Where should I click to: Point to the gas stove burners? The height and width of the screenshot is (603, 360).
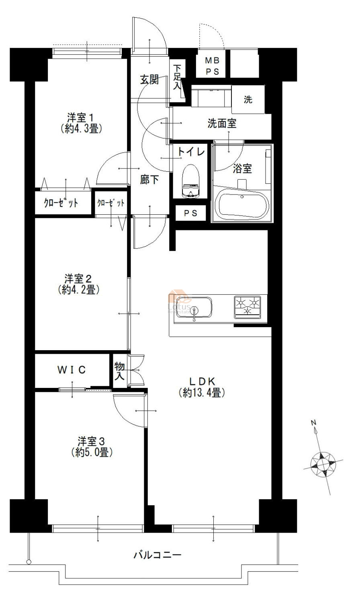pos(247,307)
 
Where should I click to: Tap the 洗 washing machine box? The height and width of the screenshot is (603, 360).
pos(248,99)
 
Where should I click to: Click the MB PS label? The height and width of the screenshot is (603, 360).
pos(212,66)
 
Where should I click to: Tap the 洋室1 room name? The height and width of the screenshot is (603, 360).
pos(80,118)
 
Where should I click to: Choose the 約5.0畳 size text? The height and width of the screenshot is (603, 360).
pos(92,453)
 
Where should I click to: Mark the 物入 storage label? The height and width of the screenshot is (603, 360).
pos(120,371)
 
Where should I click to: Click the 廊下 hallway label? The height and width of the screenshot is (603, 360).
pos(149,180)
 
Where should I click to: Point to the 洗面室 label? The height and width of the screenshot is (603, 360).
pos(222,123)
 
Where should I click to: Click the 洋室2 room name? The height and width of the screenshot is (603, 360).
pos(78,279)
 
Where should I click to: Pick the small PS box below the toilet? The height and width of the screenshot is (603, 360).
pos(190,213)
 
